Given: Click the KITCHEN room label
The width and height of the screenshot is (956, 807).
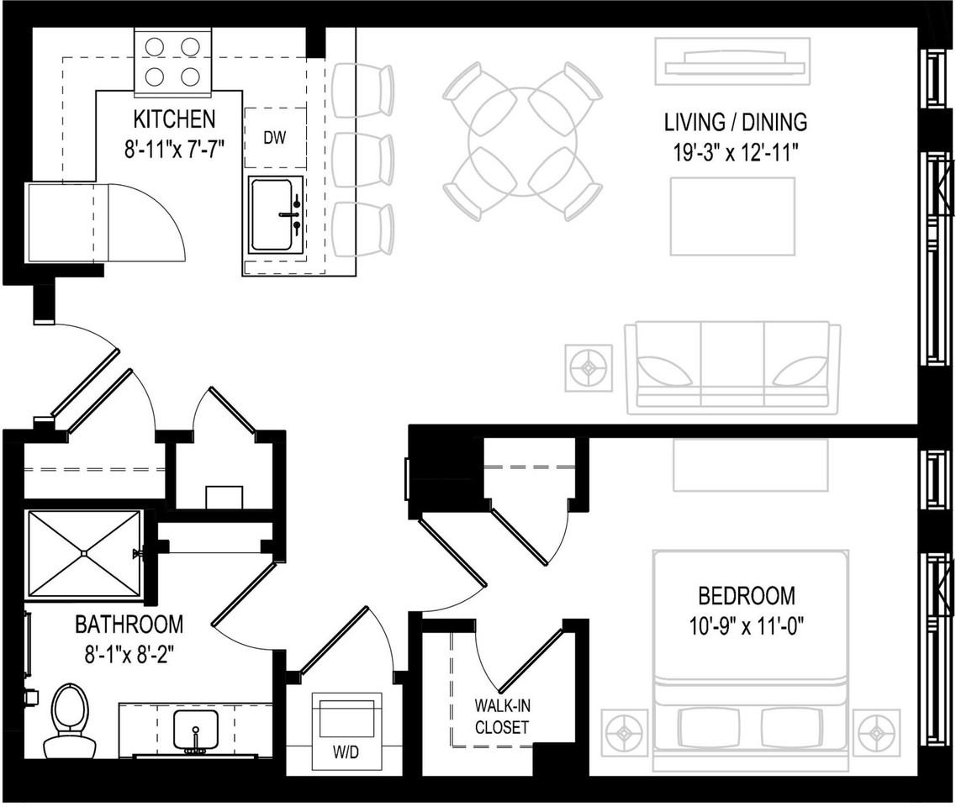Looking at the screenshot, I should click(x=174, y=119).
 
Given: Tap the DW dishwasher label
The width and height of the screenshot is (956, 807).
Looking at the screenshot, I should click(x=275, y=139).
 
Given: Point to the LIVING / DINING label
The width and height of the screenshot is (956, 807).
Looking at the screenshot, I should click(x=735, y=122).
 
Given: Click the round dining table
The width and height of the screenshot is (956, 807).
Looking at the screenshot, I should click(x=523, y=141).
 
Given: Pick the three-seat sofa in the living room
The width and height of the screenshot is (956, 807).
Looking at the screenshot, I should click(x=732, y=368).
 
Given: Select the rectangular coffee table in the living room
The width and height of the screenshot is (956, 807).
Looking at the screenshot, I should click(x=732, y=216).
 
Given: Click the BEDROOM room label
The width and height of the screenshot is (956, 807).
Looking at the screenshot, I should click(x=747, y=596).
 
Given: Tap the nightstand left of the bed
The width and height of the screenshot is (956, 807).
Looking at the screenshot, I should click(x=624, y=732).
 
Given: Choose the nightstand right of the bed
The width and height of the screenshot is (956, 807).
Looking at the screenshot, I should click(x=876, y=732).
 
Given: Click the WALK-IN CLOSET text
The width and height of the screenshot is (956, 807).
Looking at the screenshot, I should click(x=502, y=716).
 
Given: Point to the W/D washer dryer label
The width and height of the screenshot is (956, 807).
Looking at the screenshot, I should click(x=346, y=752).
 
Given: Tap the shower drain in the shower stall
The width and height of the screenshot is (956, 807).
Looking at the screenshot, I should click(x=84, y=552).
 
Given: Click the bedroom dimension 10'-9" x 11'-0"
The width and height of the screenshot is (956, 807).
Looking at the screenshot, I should click(x=747, y=626).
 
